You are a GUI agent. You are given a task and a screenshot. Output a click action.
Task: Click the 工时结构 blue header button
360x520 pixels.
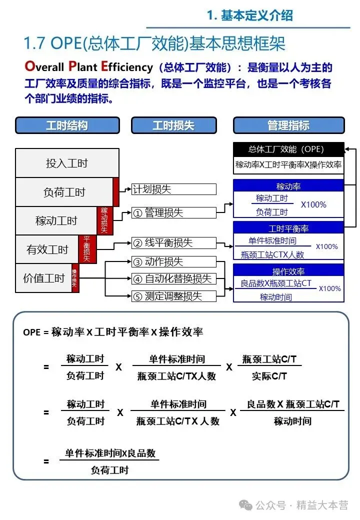point(67,125)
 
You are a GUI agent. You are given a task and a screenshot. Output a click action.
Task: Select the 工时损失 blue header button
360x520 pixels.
point(173,125)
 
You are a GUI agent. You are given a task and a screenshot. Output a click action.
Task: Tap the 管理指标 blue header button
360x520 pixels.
point(288,125)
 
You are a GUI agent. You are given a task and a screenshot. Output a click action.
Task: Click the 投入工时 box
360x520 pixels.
point(67,163)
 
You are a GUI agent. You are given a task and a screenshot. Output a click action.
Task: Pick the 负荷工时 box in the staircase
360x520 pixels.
point(64,192)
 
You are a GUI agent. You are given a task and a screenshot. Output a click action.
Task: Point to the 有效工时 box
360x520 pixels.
point(47,249)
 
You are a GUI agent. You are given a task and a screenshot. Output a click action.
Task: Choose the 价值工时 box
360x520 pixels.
point(43,278)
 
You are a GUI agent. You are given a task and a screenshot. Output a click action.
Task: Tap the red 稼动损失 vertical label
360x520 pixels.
point(104,220)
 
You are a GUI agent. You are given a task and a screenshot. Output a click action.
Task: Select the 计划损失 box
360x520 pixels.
point(173,189)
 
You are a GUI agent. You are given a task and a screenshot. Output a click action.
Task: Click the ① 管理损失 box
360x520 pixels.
point(173,212)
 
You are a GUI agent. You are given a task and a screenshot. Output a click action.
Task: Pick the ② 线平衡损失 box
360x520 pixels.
point(173,243)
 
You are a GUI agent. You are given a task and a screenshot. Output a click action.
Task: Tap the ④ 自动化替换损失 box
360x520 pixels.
point(173,278)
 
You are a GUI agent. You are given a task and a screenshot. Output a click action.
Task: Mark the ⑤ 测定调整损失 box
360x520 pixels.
point(173,296)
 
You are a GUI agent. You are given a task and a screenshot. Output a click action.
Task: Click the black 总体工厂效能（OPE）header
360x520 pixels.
point(288,149)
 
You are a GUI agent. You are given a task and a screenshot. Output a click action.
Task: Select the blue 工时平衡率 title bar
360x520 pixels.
point(288,228)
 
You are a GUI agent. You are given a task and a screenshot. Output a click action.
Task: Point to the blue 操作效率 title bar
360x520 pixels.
point(288,271)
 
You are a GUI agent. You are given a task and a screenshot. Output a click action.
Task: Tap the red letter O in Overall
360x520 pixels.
point(29,66)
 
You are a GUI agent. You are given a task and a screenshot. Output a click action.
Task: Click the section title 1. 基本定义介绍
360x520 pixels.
point(250,15)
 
